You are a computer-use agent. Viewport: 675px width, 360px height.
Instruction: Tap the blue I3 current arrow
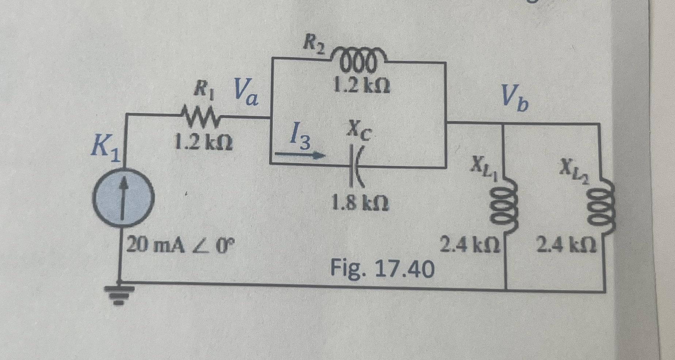tap(300, 155)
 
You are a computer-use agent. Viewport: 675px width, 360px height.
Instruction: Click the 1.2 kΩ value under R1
tap(203, 143)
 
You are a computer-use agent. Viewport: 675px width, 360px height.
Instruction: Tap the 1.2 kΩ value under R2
tap(361, 86)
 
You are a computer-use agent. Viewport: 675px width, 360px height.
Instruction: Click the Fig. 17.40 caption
tap(382, 269)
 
